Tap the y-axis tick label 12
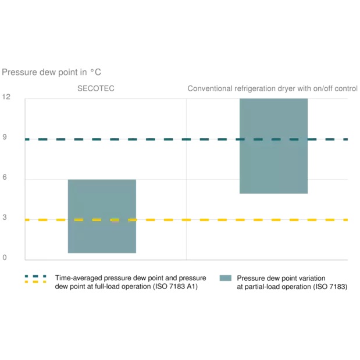point(6,97)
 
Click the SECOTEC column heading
point(96,88)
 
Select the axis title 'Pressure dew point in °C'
point(52,72)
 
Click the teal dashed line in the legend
point(35,276)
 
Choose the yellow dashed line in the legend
point(35,282)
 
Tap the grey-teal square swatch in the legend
point(225,278)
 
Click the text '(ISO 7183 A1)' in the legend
point(175,287)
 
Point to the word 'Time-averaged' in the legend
point(76,278)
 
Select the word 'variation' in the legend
point(311,278)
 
